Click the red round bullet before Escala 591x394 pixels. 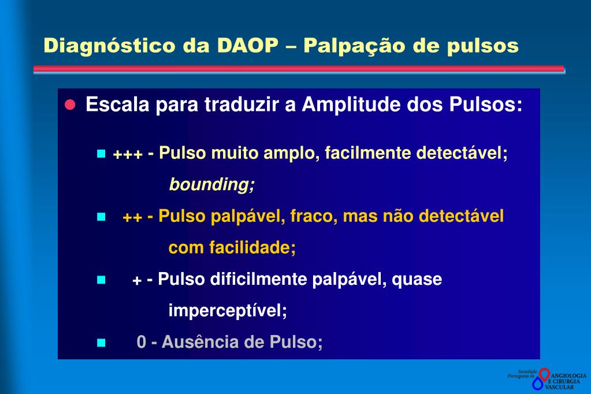[x=70, y=106]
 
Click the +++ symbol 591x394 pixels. [x=128, y=155]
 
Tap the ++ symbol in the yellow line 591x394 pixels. [x=132, y=217]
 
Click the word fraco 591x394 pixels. [x=313, y=217]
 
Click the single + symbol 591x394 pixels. [x=137, y=281]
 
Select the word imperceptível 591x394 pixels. [x=228, y=311]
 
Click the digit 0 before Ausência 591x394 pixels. [x=142, y=342]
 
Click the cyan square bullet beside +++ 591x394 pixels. [x=101, y=154]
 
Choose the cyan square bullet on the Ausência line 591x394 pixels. [x=101, y=342]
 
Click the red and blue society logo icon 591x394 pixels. [x=541, y=378]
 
